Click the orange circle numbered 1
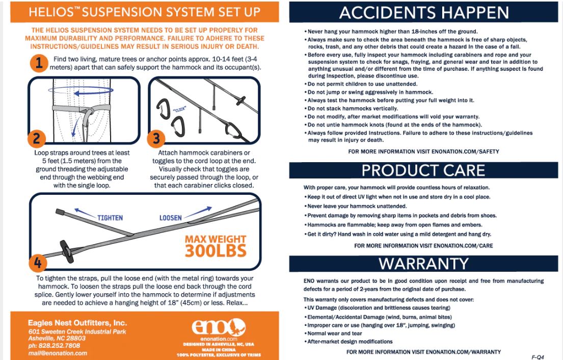point(39,63)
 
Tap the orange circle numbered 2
point(37,139)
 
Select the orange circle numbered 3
point(156,139)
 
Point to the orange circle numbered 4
point(38,263)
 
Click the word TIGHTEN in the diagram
point(110,218)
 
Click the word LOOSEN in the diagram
point(171,218)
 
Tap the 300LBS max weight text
point(216,251)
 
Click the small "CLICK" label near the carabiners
point(179,109)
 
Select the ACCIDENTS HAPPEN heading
point(424,13)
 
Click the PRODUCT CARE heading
point(423,170)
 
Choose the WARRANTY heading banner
point(424,264)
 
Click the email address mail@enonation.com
point(58,353)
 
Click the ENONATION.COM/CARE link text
point(463,246)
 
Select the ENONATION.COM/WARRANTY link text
point(463,352)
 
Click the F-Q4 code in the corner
point(538,357)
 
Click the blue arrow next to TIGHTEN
point(85,212)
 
